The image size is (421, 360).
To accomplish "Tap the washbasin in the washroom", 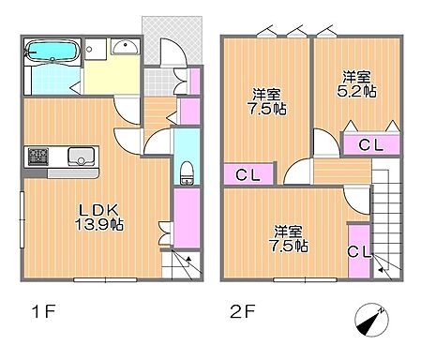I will coord(123,49).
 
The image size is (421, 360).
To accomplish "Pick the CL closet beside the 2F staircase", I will coord(358,251).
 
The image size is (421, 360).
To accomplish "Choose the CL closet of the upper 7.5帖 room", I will coord(248,173).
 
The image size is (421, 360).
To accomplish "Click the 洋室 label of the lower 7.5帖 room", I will coord(289,231).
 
